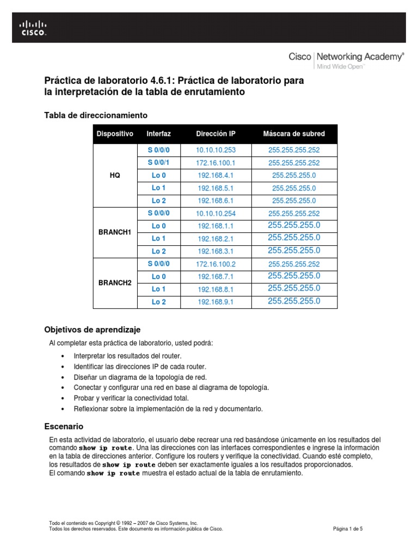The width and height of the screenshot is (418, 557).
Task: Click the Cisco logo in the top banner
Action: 34,27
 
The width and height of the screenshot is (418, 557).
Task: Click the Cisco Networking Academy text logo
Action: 346,59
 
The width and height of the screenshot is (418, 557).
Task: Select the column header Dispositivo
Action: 115,134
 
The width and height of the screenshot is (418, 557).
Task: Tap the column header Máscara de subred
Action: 293,134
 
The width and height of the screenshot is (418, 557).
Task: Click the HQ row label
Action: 115,176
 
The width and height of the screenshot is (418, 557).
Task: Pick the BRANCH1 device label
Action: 115,232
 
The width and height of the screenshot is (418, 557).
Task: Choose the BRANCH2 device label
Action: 115,283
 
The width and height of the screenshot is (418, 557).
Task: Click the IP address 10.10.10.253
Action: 216,150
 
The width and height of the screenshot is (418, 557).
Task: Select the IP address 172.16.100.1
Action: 216,163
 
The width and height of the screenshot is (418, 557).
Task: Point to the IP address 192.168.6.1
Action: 216,201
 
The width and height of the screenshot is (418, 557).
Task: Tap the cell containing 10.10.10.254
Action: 216,213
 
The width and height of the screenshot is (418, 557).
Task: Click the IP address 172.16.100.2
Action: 216,264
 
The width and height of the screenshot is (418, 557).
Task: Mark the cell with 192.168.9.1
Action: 216,302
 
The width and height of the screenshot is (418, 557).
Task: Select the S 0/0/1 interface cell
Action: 159,163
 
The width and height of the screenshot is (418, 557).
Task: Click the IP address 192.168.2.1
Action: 216,239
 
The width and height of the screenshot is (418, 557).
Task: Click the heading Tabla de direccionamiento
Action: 95,115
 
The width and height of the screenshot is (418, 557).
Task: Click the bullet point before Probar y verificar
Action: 64,398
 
